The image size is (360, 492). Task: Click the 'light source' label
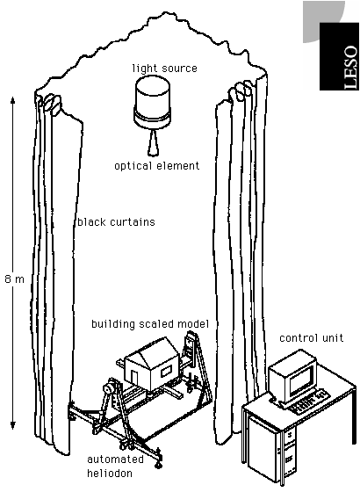click(x=165, y=69)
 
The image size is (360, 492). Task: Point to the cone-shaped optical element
click(x=153, y=142)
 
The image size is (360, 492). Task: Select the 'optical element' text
click(x=157, y=166)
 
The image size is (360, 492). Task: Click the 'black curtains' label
click(x=116, y=221)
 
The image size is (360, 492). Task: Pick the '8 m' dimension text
click(x=14, y=279)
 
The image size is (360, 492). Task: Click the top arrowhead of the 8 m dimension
click(x=13, y=100)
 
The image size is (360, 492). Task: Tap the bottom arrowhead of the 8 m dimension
click(x=13, y=425)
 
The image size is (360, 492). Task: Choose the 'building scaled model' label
click(x=150, y=324)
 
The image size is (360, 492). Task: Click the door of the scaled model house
click(x=134, y=377)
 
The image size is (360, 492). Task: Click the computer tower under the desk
click(x=271, y=451)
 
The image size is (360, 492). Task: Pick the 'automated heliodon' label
click(x=115, y=467)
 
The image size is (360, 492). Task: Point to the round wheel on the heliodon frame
click(x=109, y=388)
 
